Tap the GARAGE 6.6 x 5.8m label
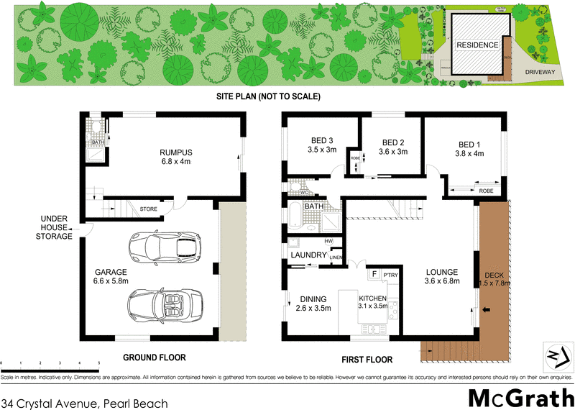coord(110,277)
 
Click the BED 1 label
coord(469,147)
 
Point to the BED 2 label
coord(395,147)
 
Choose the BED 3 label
coord(322,145)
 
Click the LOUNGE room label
coord(441,277)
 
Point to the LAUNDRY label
coord(309,255)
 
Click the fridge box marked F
coord(374,274)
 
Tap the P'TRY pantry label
coord(391,275)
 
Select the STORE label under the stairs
coord(148,209)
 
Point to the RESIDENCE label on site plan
coord(477,45)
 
